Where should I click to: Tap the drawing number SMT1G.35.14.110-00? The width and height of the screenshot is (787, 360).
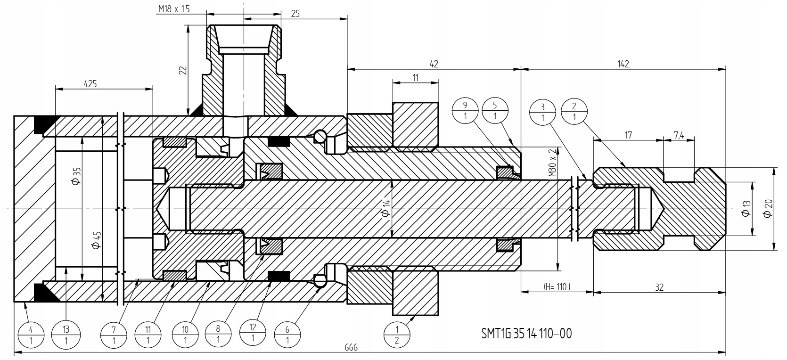pyautogui.click(x=526, y=334)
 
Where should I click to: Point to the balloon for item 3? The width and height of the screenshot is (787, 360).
pyautogui.click(x=543, y=112)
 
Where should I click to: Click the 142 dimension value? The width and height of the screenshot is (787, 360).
pyautogui.click(x=623, y=64)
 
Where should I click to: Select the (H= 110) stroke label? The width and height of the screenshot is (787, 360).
pyautogui.click(x=557, y=286)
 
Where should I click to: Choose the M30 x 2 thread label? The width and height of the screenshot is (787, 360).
pyautogui.click(x=552, y=162)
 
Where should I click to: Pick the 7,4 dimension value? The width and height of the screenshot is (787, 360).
pyautogui.click(x=679, y=136)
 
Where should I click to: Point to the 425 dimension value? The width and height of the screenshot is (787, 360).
pyautogui.click(x=90, y=84)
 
